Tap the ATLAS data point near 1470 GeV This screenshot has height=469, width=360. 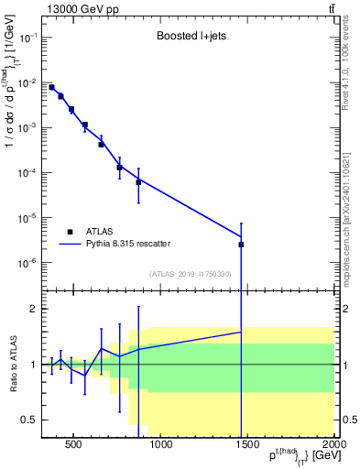coord(241,245)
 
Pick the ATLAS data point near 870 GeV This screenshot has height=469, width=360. coord(138,182)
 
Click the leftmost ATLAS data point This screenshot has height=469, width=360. coord(51,87)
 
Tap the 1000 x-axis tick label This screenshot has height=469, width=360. coord(160,446)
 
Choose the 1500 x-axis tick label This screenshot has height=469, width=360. coord(247,446)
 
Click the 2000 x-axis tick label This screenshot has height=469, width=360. coord(333,446)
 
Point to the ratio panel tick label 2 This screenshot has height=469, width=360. coord(32,309)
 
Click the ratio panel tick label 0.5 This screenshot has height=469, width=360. coord(28,420)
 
